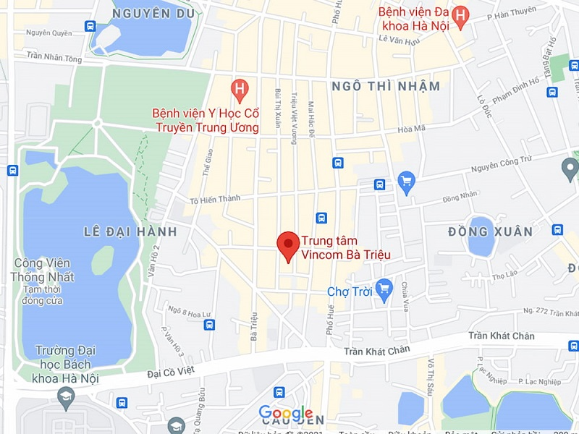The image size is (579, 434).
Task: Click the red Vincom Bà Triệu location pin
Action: coord(289,244)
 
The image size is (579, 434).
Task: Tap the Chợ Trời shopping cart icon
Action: coord(384,288)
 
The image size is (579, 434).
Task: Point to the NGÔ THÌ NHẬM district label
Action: coord(386,86)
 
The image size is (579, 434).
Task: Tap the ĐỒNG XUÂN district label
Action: coord(490,231)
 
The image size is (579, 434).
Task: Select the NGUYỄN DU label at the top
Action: coord(152,13)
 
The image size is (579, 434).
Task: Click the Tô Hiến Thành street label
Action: coord(214,200)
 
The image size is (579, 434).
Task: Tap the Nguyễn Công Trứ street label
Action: coord(504,166)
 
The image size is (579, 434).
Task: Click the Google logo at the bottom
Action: coord(286,413)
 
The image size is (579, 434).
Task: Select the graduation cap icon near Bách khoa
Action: coord(67,395)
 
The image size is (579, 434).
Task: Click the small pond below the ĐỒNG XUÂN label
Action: coord(480,236)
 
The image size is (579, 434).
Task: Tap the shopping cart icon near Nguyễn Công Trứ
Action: coord(406,179)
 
